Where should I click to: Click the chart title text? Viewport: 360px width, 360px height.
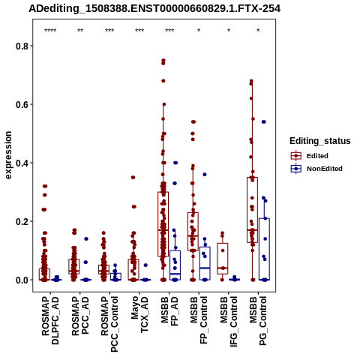(x=154, y=9)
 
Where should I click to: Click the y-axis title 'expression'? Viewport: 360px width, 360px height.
(x=8, y=155)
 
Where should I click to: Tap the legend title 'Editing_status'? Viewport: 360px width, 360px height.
(x=320, y=141)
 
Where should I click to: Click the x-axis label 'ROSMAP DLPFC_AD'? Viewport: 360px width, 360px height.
(x=50, y=320)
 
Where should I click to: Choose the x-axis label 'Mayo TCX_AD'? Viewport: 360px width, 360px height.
(x=139, y=314)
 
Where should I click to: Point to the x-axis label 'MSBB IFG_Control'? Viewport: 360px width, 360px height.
(x=229, y=322)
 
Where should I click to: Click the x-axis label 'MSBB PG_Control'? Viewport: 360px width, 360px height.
(x=258, y=321)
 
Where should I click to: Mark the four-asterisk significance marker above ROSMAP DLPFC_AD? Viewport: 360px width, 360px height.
(x=50, y=31)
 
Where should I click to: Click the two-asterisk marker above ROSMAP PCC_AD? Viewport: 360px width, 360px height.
(x=80, y=31)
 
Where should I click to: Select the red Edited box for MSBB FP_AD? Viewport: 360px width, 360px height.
(x=163, y=224)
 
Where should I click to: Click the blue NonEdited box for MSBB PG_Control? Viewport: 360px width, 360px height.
(x=264, y=249)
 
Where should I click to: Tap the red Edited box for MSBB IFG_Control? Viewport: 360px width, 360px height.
(x=223, y=259)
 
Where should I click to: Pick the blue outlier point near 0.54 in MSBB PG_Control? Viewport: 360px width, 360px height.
(x=264, y=121)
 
